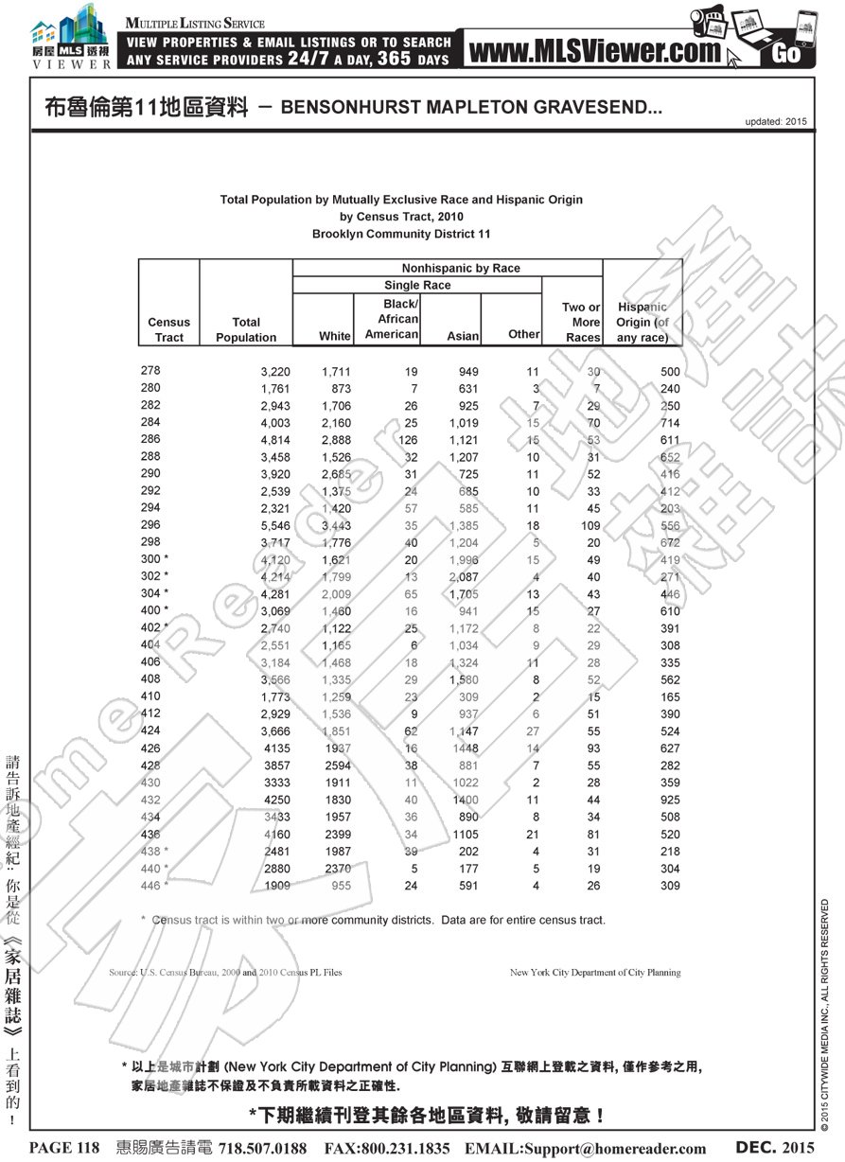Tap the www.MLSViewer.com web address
click(594, 53)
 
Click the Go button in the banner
click(786, 53)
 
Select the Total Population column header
click(246, 329)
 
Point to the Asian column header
click(463, 336)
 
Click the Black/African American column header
click(392, 319)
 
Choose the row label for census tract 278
click(150, 371)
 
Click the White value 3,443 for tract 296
click(336, 524)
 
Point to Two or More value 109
click(587, 524)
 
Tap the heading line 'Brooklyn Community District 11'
click(401, 234)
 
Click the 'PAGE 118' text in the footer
click(64, 1148)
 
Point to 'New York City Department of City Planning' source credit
click(594, 972)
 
